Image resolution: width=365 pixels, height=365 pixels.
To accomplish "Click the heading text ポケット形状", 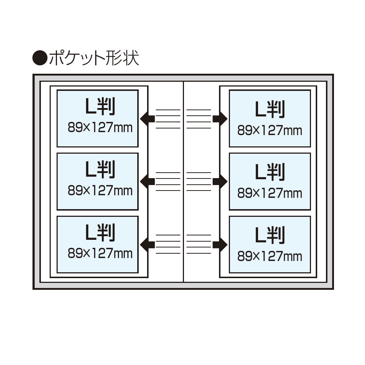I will pos(93,58).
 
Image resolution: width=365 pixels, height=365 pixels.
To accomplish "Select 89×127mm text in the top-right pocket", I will pos(270,130).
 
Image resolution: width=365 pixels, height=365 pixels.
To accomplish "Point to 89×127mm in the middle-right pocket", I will pos(270,193).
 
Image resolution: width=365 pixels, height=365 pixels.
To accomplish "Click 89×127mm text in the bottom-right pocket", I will pos(270,256).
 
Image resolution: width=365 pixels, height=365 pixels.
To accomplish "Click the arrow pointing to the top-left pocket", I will pos(147,119).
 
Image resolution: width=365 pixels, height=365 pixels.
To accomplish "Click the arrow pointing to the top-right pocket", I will pos(220,119).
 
